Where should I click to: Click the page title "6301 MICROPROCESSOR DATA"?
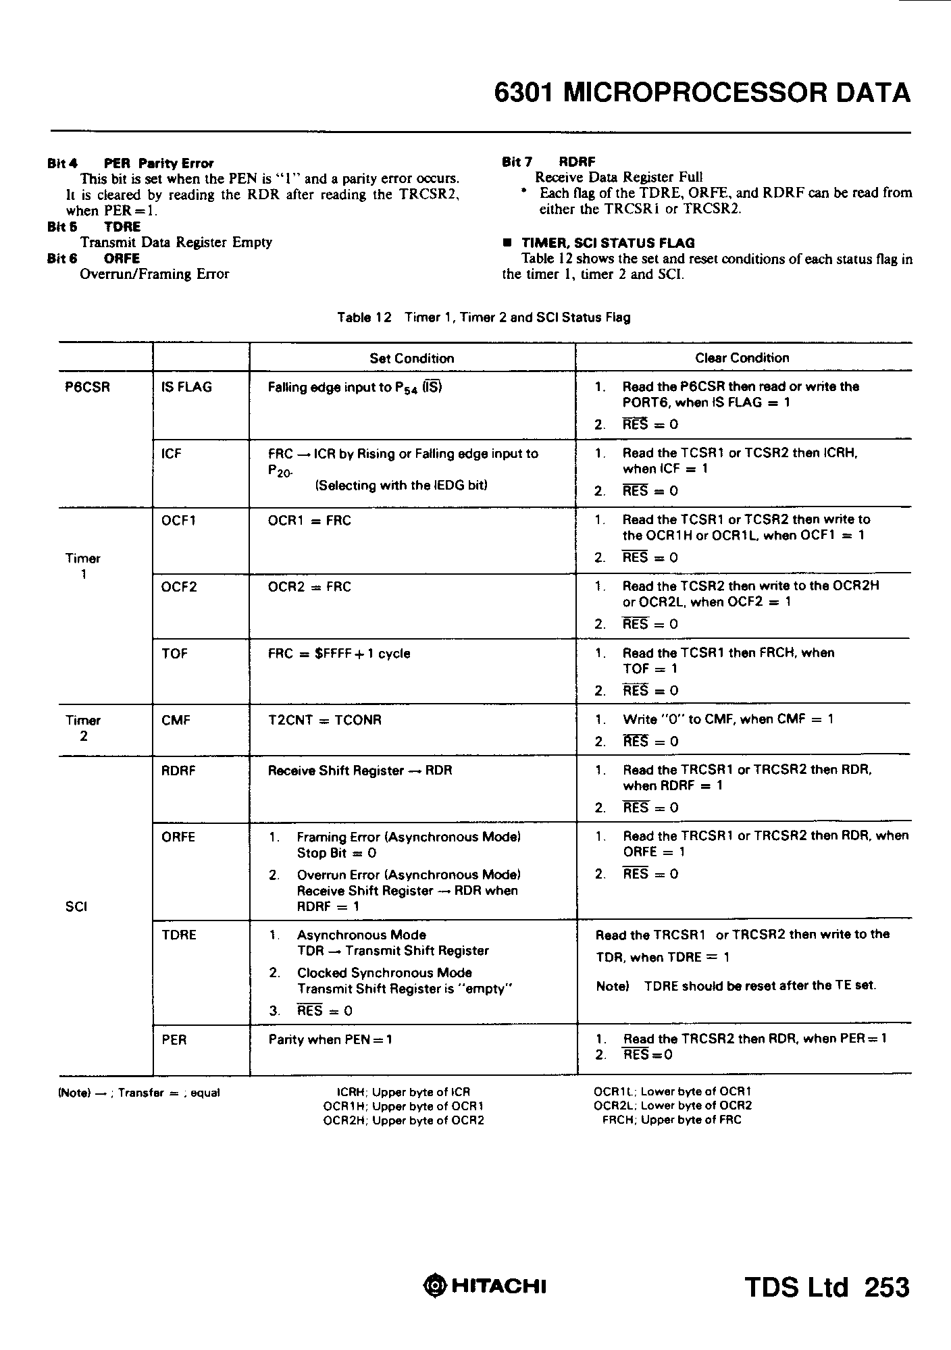pyautogui.click(x=702, y=93)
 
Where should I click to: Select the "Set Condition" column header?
pyautogui.click(x=411, y=359)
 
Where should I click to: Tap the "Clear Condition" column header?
pyautogui.click(x=742, y=358)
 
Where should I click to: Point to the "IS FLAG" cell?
pyautogui.click(x=186, y=388)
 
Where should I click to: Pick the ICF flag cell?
pyautogui.click(x=172, y=454)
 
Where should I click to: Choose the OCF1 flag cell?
pyautogui.click(x=179, y=521)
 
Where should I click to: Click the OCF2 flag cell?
pyautogui.click(x=179, y=587)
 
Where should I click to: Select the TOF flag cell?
pyautogui.click(x=174, y=654)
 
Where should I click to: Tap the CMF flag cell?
pyautogui.click(x=176, y=721)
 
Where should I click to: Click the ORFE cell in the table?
pyautogui.click(x=178, y=837)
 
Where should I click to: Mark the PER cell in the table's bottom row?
pyautogui.click(x=174, y=1040)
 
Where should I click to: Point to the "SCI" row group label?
pyautogui.click(x=76, y=907)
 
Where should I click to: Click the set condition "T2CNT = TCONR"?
pyautogui.click(x=324, y=721)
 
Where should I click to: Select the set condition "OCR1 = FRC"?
pyautogui.click(x=309, y=521)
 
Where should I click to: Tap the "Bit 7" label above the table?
pyautogui.click(x=517, y=162)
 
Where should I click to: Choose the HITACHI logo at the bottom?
pyautogui.click(x=484, y=1286)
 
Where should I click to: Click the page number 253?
pyautogui.click(x=887, y=1287)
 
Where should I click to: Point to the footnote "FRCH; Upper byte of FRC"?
pyautogui.click(x=671, y=1120)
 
